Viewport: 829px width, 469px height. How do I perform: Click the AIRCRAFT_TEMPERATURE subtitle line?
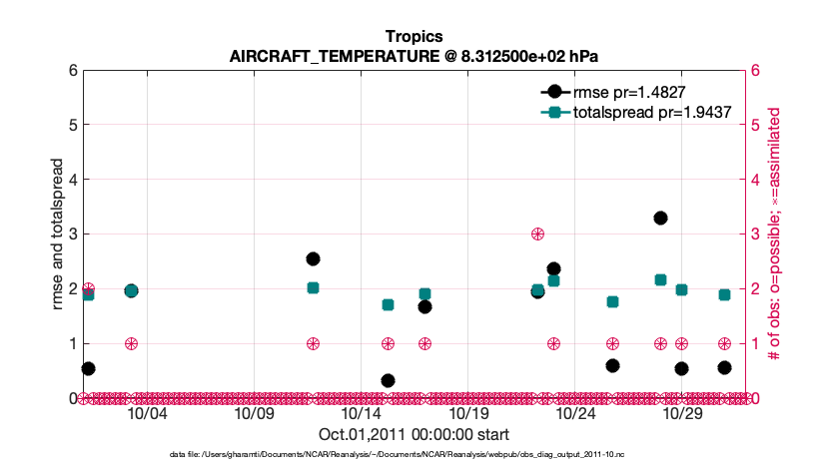414,55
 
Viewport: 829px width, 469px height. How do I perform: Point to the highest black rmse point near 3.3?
660,218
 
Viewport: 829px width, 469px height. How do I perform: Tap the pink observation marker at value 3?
537,234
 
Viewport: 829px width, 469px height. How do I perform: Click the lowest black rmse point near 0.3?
388,380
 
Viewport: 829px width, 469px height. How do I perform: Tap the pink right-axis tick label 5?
755,126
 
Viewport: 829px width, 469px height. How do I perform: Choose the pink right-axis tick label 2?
755,289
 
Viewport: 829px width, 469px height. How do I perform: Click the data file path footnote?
397,454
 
